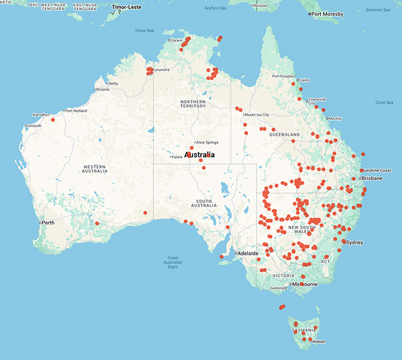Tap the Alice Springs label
(x=206, y=143)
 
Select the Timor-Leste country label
(x=130, y=7)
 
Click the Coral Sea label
(x=385, y=103)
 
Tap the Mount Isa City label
(x=258, y=115)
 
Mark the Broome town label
(x=103, y=89)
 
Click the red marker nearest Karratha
(x=52, y=119)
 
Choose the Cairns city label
(x=305, y=80)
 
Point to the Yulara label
(x=177, y=157)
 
